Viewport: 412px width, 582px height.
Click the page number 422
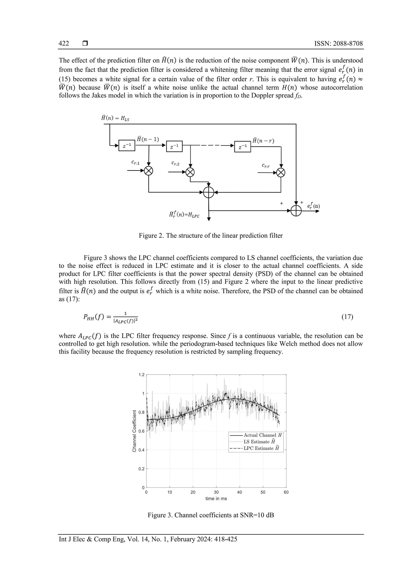point(64,43)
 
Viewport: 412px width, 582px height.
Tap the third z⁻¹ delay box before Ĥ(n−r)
point(243,147)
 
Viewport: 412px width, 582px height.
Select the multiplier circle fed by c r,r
point(281,173)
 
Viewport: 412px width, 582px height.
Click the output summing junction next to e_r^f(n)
point(296,211)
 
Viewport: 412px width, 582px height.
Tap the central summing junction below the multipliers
point(209,193)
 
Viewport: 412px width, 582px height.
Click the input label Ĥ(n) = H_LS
point(115,118)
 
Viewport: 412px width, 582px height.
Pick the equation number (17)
point(347,317)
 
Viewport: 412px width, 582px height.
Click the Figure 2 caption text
point(211,236)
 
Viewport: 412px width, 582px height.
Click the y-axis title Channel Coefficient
point(134,431)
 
